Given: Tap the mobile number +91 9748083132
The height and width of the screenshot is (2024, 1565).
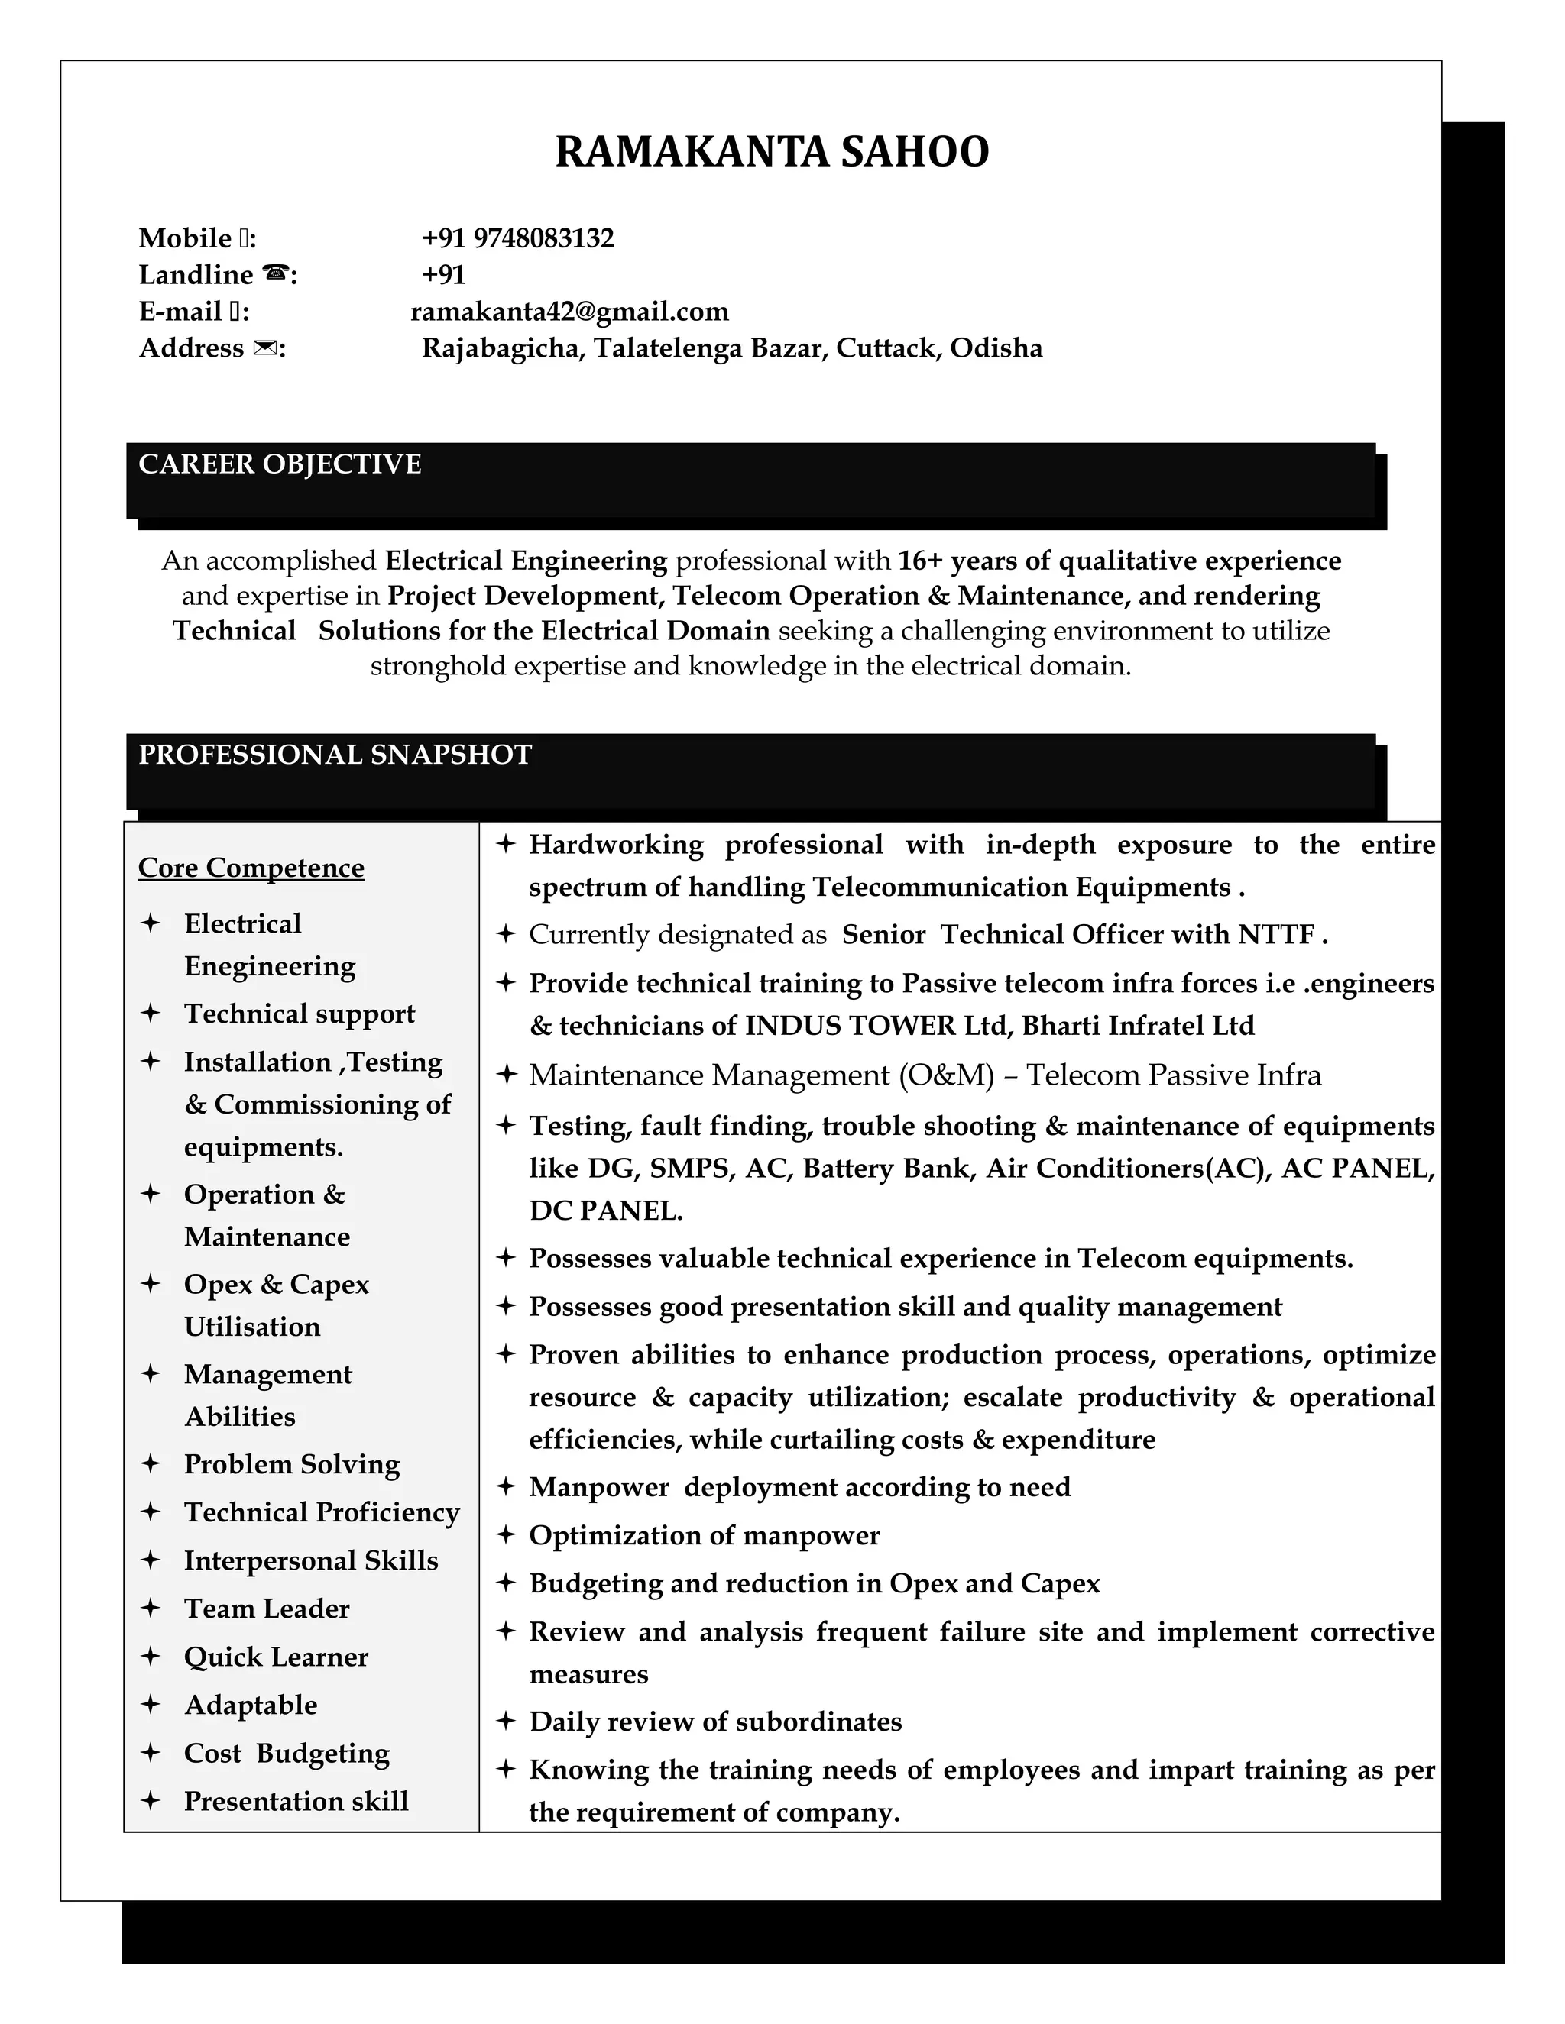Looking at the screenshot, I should [x=517, y=238].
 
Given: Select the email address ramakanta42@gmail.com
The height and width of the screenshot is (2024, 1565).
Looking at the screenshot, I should [x=569, y=312].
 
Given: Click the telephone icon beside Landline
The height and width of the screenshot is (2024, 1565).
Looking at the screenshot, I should [x=275, y=274].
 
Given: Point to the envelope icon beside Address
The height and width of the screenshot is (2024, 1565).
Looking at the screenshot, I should [x=264, y=348].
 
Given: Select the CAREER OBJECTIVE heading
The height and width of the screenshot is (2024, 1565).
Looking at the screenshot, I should [x=280, y=464].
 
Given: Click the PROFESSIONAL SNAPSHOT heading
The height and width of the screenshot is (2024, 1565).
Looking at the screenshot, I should [x=335, y=755].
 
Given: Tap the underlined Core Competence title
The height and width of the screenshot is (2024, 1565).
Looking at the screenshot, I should [x=251, y=868].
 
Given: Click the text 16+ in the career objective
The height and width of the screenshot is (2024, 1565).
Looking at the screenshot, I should [x=920, y=561].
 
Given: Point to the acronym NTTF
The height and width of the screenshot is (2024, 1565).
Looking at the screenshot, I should [x=1275, y=934].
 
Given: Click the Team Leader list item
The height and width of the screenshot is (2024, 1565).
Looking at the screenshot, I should [x=267, y=1608].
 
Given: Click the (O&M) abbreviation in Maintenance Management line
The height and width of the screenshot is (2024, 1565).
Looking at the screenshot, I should [x=946, y=1075].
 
